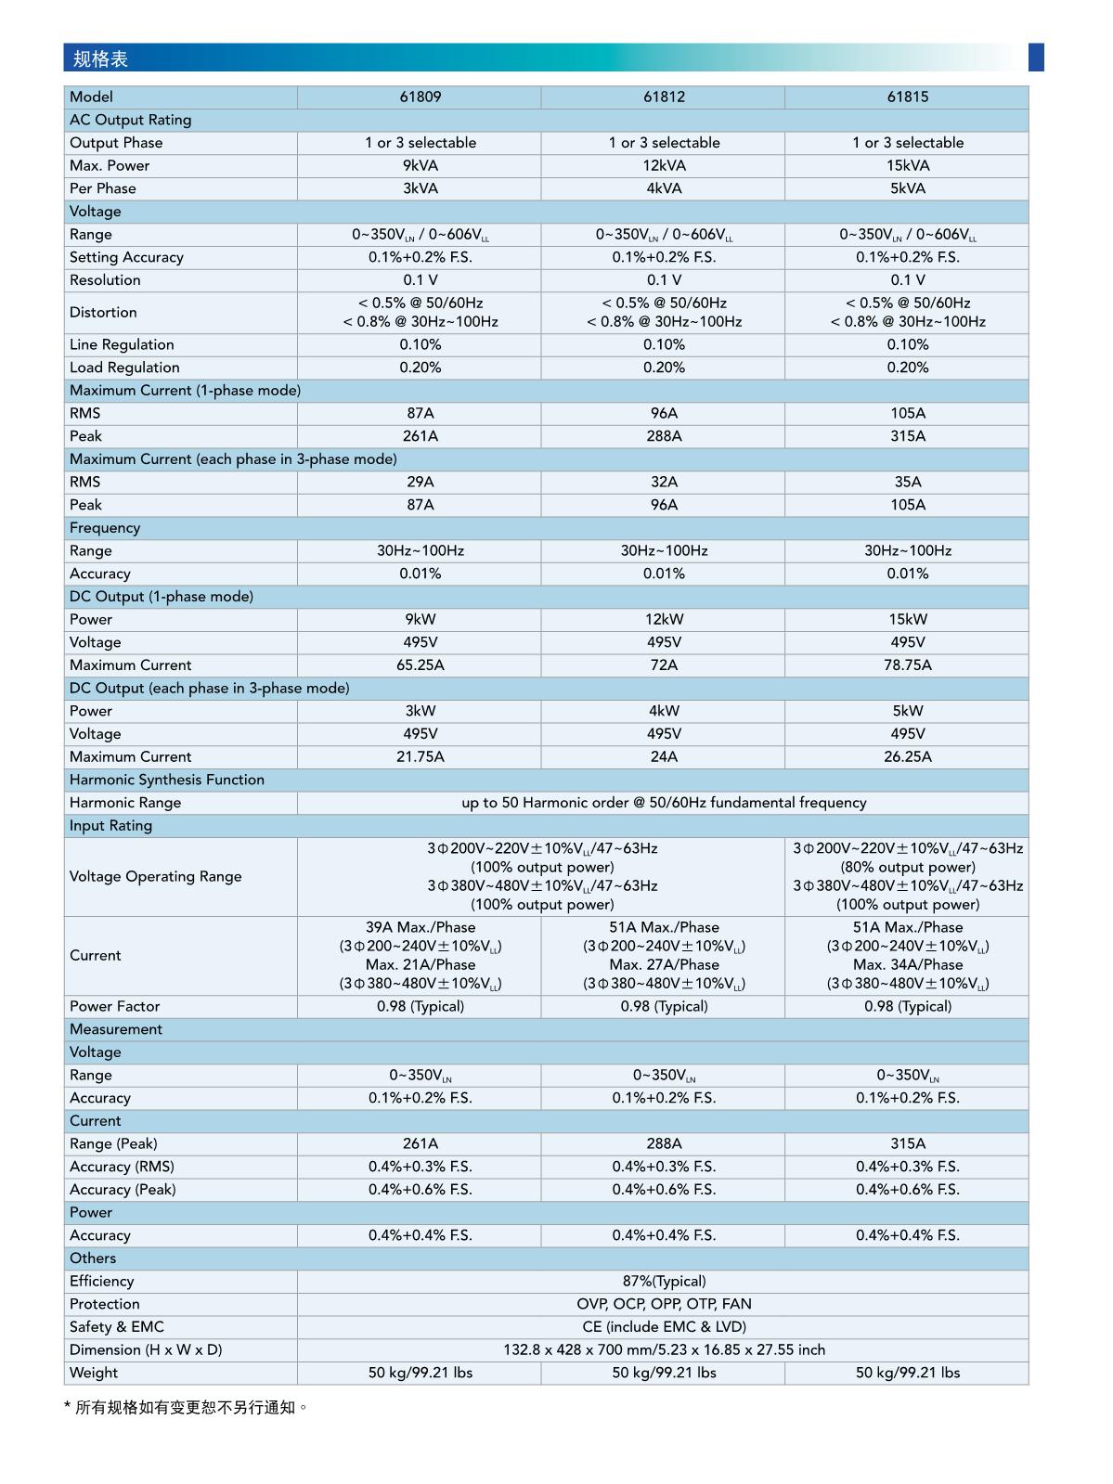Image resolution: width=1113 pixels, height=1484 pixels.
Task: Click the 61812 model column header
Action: [664, 97]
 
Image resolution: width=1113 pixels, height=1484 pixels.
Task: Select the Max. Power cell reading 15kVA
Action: [907, 165]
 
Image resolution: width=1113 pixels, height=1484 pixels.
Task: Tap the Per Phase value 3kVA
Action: [420, 188]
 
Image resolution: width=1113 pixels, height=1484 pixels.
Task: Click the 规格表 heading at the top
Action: [100, 59]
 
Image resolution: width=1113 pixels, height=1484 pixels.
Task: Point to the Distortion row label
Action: [103, 313]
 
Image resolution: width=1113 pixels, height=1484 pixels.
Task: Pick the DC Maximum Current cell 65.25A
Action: [420, 665]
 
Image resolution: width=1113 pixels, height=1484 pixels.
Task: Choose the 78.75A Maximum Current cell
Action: [907, 665]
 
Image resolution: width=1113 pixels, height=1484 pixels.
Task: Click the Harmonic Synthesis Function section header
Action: [167, 780]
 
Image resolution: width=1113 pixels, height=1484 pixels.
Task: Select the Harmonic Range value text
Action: [664, 803]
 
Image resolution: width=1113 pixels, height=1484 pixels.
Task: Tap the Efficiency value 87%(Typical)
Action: [664, 1281]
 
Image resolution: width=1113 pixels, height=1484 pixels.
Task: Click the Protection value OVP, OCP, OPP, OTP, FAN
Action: [664, 1304]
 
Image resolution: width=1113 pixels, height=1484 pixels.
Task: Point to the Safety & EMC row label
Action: [117, 1327]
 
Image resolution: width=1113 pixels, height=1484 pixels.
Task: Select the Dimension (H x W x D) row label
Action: [146, 1349]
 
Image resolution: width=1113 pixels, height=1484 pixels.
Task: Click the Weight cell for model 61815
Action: [907, 1373]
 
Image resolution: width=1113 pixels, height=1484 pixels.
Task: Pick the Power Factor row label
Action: [115, 1006]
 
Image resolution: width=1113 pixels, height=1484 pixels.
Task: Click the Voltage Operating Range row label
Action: [155, 877]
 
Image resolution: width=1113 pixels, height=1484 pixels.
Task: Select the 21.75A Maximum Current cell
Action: [420, 757]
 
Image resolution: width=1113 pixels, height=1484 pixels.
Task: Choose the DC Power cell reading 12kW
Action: [664, 619]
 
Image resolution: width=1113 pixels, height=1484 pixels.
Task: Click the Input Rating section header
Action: [110, 826]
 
